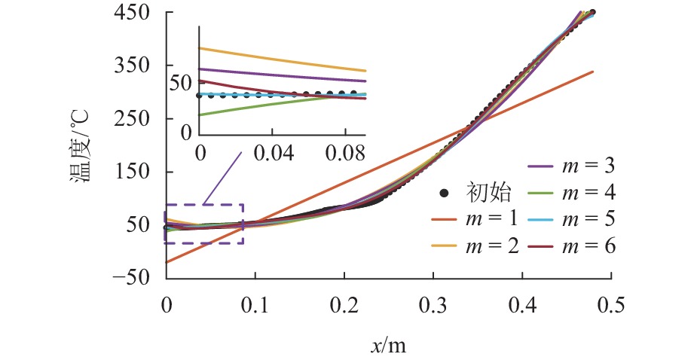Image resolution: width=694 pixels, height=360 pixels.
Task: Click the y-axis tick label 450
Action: point(135,13)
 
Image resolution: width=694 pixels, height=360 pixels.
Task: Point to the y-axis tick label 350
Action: point(135,66)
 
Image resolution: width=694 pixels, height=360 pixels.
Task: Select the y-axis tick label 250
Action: point(135,119)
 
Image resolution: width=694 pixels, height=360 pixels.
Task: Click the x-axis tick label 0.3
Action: point(433,304)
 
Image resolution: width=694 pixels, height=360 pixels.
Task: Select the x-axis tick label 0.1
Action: point(255,304)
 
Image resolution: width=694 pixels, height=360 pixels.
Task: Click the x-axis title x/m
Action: point(388,344)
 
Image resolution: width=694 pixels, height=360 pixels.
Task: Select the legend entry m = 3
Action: point(589,166)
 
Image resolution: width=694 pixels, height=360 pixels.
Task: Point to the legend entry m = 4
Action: point(589,192)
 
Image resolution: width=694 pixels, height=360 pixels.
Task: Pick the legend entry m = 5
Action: point(589,218)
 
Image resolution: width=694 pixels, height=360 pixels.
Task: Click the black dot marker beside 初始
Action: point(445,193)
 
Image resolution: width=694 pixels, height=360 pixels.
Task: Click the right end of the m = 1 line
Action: point(593,72)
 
